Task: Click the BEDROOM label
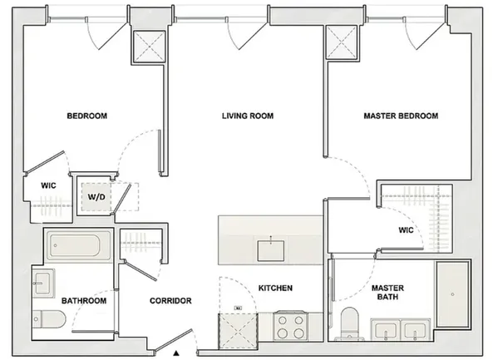coord(87,116)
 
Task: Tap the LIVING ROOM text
coord(248,116)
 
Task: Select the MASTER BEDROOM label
coord(401,116)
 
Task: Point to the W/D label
coord(96,197)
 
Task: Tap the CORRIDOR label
coord(171,300)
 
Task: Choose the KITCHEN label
coord(275,288)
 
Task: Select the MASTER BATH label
coord(387,292)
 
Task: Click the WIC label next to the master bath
coord(406,230)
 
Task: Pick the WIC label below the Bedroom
coord(48,186)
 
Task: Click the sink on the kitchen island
coord(269,246)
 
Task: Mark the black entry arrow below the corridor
coord(177,353)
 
